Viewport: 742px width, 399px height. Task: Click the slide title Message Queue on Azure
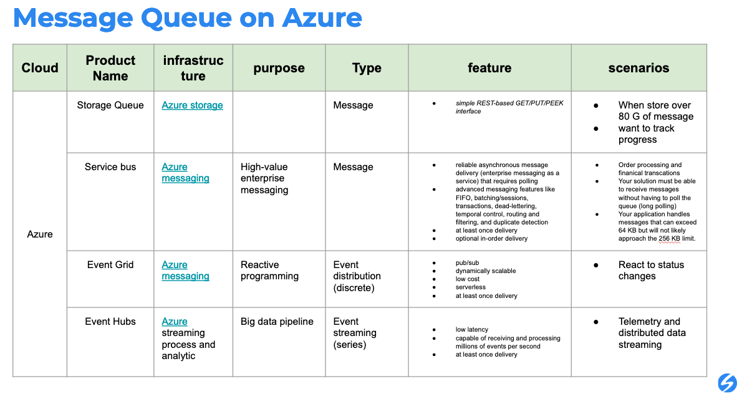(187, 19)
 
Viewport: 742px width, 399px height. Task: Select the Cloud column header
(40, 68)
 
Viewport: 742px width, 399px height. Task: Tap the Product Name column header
(110, 68)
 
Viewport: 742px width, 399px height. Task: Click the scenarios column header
(638, 68)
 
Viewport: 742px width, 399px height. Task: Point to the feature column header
(489, 68)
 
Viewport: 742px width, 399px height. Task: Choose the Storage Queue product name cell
(110, 105)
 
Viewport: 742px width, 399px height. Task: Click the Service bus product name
(110, 167)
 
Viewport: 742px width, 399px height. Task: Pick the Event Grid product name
(110, 265)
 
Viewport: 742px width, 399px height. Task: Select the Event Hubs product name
(110, 322)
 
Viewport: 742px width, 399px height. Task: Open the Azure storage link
(192, 105)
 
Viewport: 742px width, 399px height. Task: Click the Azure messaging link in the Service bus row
(185, 173)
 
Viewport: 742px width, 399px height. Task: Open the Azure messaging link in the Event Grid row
(185, 271)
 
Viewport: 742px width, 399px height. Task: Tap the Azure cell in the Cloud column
(40, 234)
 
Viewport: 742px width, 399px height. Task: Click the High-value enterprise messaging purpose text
(264, 178)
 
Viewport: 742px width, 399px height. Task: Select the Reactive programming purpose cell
(269, 271)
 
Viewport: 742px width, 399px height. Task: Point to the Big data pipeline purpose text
(277, 322)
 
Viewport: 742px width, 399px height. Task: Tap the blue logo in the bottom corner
(727, 382)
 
